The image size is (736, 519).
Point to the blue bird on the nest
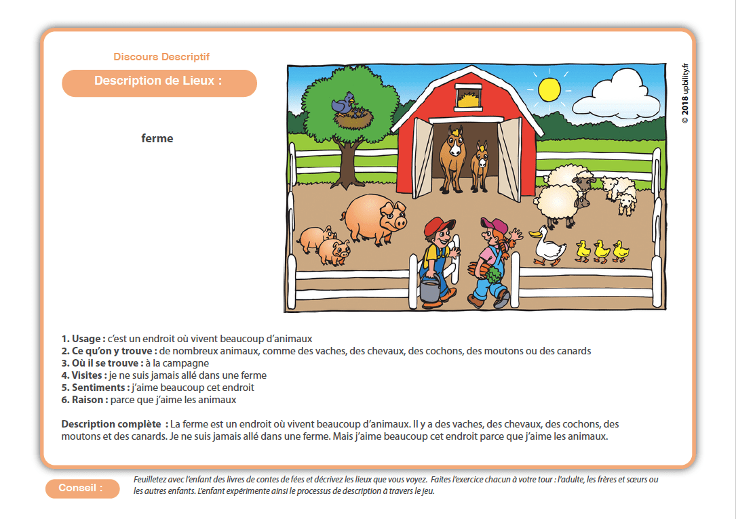pyautogui.click(x=343, y=104)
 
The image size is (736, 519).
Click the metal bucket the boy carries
pyautogui.click(x=429, y=289)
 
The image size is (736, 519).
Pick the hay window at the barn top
pyautogui.click(x=466, y=97)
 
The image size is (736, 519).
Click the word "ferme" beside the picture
pyautogui.click(x=157, y=138)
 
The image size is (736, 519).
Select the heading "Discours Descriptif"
pyautogui.click(x=161, y=57)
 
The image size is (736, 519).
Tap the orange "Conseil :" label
pyautogui.click(x=81, y=488)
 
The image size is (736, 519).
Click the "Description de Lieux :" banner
pyautogui.click(x=159, y=81)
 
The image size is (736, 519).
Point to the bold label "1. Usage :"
pyautogui.click(x=83, y=339)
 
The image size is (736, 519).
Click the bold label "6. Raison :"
pyautogui.click(x=85, y=400)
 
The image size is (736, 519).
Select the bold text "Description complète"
pyautogui.click(x=111, y=424)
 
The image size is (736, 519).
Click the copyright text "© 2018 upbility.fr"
pyautogui.click(x=685, y=91)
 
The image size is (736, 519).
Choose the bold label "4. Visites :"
pyautogui.click(x=84, y=375)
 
